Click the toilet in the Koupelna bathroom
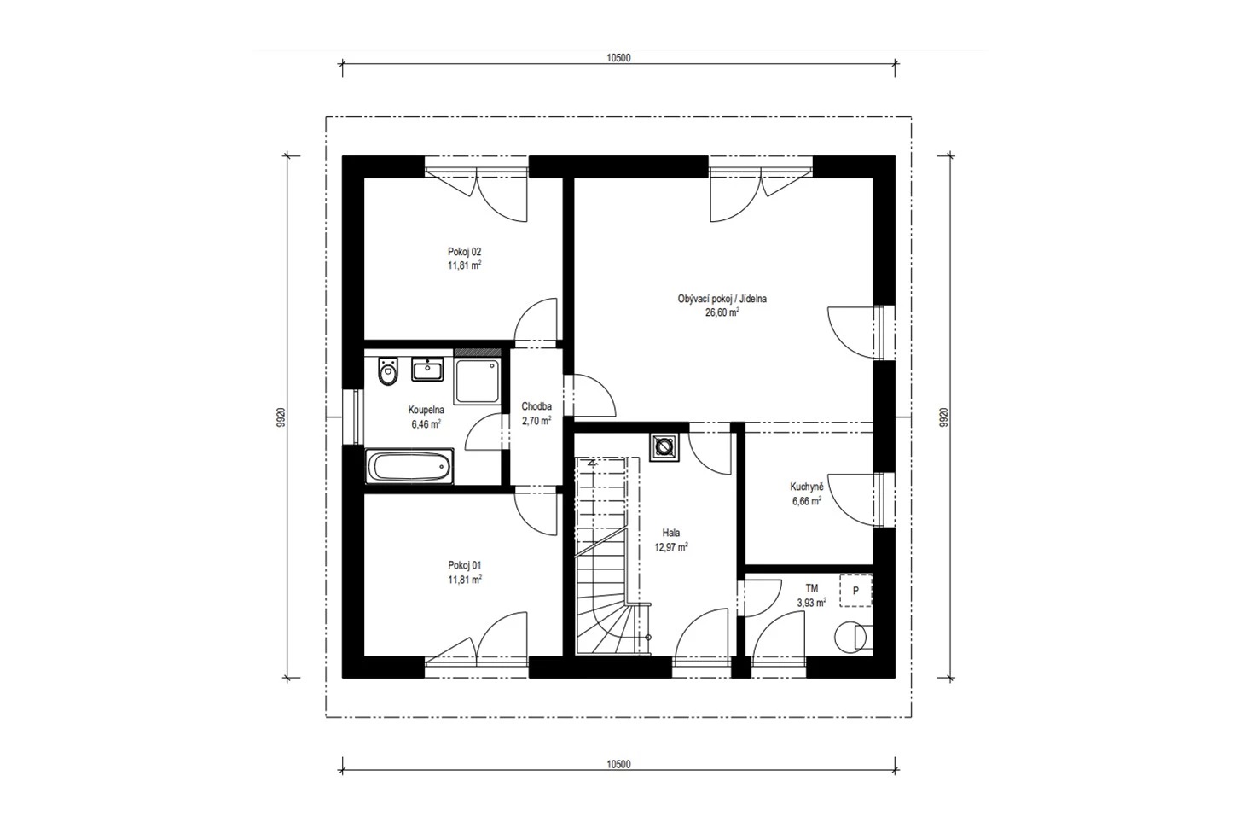(388, 371)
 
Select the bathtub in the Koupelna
(409, 466)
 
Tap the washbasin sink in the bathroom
(427, 369)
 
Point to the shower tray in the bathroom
(477, 381)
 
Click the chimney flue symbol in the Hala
(664, 446)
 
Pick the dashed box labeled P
(856, 591)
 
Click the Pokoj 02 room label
(464, 252)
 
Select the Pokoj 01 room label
(464, 565)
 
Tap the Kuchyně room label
(807, 487)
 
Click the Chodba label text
(536, 406)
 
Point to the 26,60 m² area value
(722, 312)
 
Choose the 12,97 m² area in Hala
(671, 547)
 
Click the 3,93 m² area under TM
(812, 603)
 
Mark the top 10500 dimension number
(618, 58)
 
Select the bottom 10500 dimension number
(618, 764)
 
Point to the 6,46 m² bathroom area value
(426, 424)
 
